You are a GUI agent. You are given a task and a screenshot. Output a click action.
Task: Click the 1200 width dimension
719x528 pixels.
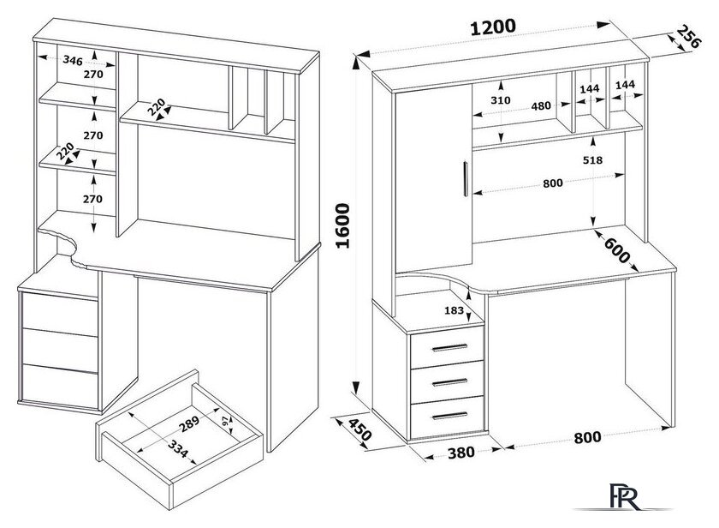point(493,27)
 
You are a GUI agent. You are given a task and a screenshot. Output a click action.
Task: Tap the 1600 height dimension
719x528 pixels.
point(343,226)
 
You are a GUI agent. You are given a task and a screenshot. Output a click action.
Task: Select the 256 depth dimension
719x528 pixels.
point(688,37)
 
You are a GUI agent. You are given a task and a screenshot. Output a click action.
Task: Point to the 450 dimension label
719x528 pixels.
point(360,429)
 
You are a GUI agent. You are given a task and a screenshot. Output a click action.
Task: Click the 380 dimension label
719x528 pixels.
point(461,453)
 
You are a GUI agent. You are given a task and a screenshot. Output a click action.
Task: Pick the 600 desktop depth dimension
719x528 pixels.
point(616,250)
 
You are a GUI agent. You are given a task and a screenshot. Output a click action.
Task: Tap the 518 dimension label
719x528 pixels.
point(592,160)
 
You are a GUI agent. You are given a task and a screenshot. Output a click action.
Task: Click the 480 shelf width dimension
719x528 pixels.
point(541,106)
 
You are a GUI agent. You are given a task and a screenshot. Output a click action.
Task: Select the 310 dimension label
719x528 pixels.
point(500,100)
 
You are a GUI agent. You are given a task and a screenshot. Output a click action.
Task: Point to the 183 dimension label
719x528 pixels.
point(454,310)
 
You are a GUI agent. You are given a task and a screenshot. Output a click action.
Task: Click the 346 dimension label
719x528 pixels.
point(73,60)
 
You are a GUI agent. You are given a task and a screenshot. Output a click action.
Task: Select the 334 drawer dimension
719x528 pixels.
point(177,448)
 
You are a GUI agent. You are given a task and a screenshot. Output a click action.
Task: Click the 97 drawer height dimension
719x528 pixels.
point(224,423)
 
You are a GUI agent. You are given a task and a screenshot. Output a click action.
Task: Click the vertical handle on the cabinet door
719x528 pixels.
point(466,179)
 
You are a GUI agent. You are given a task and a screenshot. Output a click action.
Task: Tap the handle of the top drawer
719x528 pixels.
point(449,347)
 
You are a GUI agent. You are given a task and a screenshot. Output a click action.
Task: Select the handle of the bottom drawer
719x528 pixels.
point(449,416)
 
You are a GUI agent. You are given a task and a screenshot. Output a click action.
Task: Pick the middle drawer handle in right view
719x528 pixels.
point(449,382)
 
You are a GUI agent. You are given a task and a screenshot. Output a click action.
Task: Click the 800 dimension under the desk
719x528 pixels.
point(587,437)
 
